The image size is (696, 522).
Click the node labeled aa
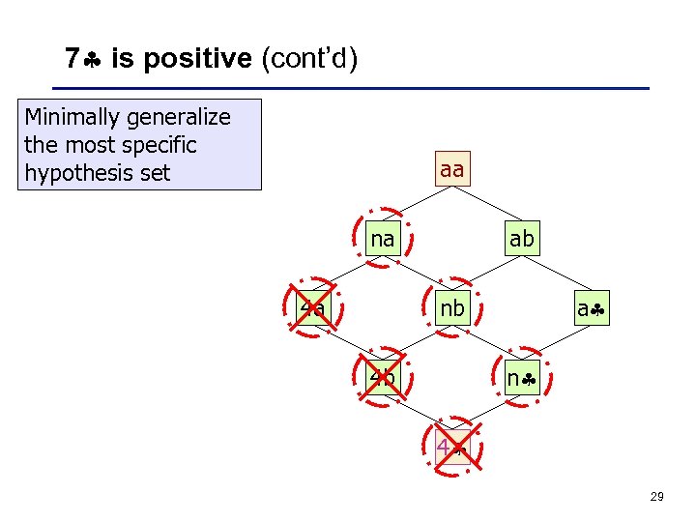(451, 170)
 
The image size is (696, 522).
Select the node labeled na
(383, 238)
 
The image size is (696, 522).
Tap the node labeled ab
(521, 238)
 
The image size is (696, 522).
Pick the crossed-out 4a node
(313, 309)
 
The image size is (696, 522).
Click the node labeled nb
(451, 309)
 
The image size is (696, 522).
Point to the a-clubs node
(591, 309)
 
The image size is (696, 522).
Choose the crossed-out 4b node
(383, 378)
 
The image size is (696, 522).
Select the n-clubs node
(522, 378)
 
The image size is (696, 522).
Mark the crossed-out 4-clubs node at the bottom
(451, 448)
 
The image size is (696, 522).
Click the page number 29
(656, 496)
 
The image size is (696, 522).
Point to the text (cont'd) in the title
(309, 59)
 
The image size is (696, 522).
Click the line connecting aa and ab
(486, 204)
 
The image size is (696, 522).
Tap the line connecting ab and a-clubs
(556, 274)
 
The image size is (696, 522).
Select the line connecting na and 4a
(348, 274)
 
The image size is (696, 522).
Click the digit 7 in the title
(72, 59)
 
